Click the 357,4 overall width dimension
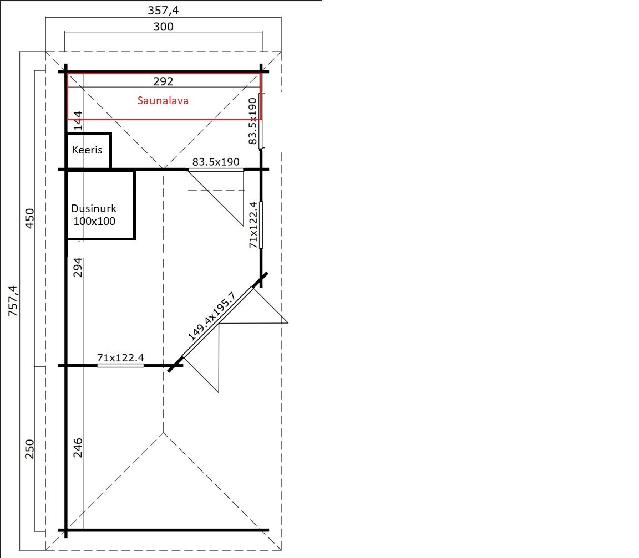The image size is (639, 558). point(163,10)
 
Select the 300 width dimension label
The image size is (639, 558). point(164,27)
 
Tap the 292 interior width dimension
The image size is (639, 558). point(164,81)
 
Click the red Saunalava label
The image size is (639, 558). point(163,100)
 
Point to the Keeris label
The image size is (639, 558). point(87,150)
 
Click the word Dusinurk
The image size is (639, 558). point(94,208)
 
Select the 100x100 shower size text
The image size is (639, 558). point(94,222)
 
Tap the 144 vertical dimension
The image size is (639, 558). point(78,120)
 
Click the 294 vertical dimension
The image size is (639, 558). point(78,268)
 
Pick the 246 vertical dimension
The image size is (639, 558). point(78,448)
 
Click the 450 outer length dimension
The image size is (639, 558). point(30,218)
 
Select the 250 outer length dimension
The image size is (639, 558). point(30,449)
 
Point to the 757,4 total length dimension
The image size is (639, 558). point(13,301)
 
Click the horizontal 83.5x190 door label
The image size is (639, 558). point(216,162)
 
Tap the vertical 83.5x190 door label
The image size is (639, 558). point(253,121)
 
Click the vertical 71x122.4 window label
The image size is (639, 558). point(253,224)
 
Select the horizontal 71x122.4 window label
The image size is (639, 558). point(120,358)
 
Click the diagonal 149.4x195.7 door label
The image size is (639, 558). point(211,316)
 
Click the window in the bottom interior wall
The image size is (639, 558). point(120,366)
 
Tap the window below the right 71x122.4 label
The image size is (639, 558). point(261,224)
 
